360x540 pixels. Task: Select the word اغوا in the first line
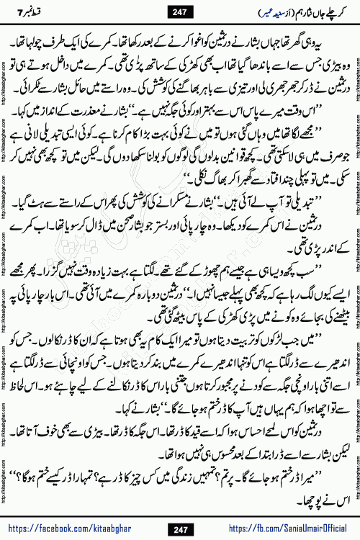pos(200,35)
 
